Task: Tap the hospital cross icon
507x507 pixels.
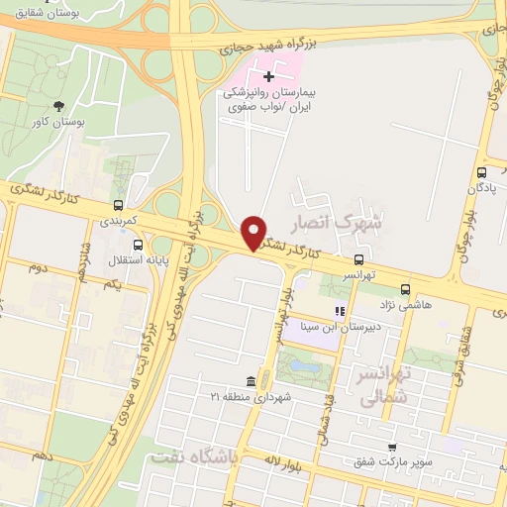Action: tap(268, 76)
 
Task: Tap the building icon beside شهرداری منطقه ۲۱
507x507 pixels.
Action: tap(252, 381)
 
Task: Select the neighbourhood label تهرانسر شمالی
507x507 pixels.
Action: tap(382, 387)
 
